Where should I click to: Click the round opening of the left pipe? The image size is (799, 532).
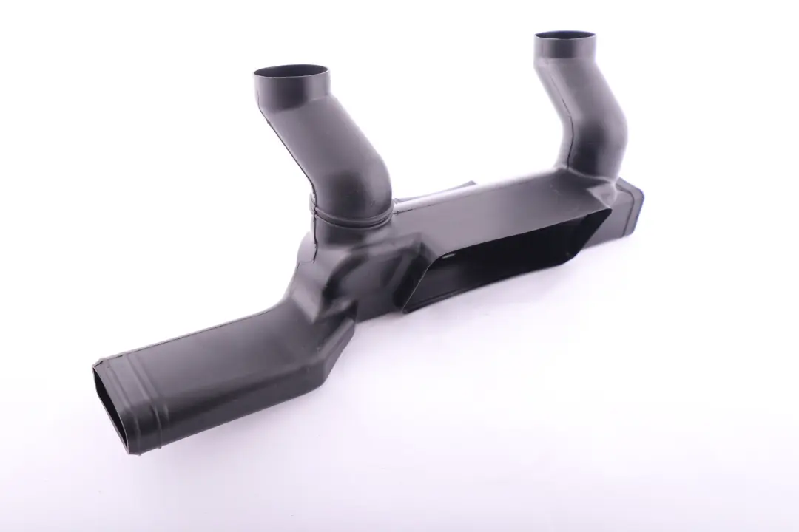click(291, 74)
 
